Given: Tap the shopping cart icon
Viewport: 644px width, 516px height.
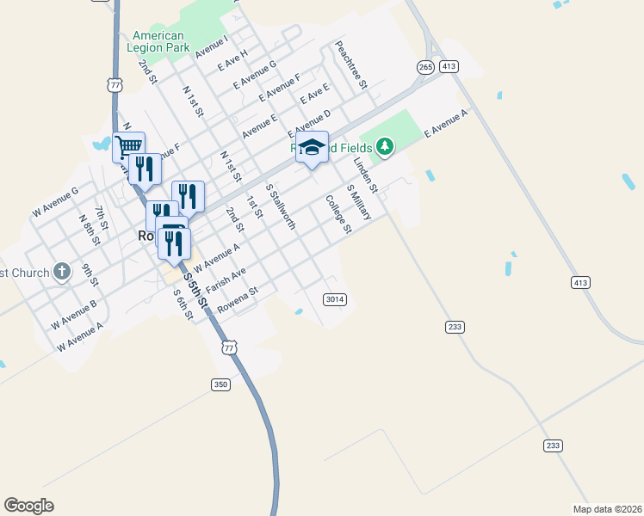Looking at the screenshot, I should click(128, 146).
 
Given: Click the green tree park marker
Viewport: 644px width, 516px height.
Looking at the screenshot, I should click(385, 148).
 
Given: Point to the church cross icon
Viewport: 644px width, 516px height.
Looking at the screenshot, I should click(61, 273).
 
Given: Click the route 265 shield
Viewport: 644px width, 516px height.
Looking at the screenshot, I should click(425, 66).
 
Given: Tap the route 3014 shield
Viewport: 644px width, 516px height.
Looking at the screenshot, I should click(335, 299).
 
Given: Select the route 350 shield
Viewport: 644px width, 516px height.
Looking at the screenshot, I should click(221, 384).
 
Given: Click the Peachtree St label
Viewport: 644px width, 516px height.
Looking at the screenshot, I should click(351, 65).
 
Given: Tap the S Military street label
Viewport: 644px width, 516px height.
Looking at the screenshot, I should click(358, 202).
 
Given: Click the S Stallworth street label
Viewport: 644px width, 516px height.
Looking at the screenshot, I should click(282, 206).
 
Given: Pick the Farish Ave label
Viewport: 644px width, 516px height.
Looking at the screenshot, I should click(226, 279).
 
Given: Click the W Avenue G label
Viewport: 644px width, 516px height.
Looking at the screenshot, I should click(55, 202).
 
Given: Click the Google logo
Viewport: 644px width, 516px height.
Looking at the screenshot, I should click(28, 506).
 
